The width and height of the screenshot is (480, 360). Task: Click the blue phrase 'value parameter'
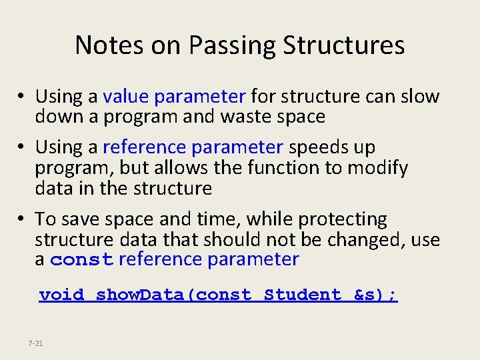[x=175, y=97]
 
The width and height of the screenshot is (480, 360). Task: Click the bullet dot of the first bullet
[x=23, y=97]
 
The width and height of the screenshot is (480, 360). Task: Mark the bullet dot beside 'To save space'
[x=23, y=219]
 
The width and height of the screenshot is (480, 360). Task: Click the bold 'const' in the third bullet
[x=82, y=260]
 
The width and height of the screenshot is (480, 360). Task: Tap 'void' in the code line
[x=62, y=295]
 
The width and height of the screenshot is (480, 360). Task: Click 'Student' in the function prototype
[x=303, y=295]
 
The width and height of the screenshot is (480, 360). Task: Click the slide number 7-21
[x=36, y=343]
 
